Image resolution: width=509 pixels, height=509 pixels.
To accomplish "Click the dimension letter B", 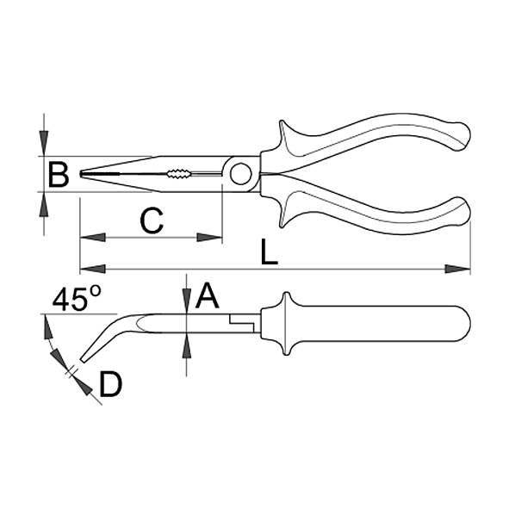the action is click(x=59, y=175).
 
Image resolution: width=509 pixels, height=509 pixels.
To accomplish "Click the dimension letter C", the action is click(x=152, y=221).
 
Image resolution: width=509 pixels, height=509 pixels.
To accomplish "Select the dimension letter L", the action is click(x=270, y=252).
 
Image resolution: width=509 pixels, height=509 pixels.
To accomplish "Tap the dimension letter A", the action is click(x=207, y=295).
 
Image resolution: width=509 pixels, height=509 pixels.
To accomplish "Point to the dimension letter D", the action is click(x=111, y=385).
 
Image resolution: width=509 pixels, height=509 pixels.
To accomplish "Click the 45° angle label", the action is click(x=77, y=298).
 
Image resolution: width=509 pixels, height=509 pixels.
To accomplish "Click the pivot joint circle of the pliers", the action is click(x=241, y=174).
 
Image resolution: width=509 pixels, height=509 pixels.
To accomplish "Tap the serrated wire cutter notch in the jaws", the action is click(x=179, y=174).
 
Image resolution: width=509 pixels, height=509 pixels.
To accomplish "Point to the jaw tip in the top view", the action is click(x=80, y=174).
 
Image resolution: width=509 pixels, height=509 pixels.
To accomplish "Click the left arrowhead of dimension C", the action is click(x=92, y=238).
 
